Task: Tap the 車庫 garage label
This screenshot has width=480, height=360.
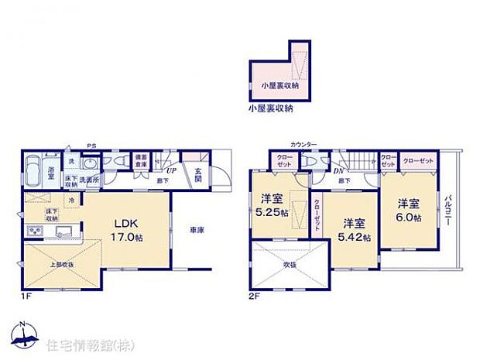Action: (x=196, y=229)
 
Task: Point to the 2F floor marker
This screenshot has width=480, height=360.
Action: (x=252, y=295)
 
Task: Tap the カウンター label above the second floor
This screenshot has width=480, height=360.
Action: (x=303, y=145)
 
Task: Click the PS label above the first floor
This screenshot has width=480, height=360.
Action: (x=91, y=145)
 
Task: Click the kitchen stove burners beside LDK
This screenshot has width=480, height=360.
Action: (x=35, y=230)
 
